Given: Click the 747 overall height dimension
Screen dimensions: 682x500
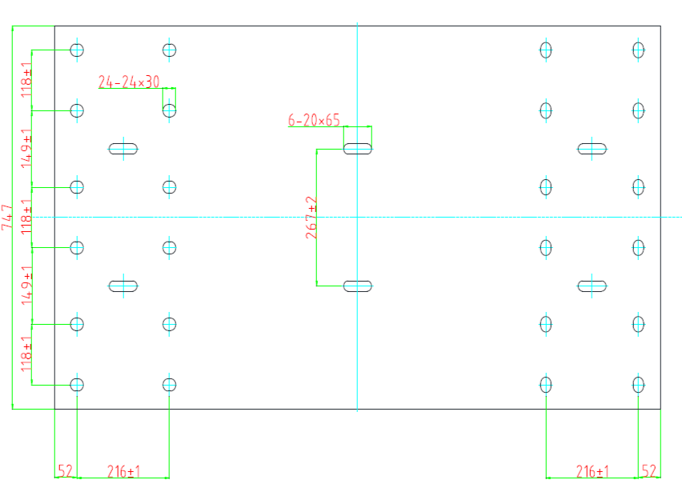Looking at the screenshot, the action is coord(7,217).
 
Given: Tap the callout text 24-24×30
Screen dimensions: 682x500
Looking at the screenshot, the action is coord(129,82).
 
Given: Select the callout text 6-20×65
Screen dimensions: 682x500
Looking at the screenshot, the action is coord(314,120).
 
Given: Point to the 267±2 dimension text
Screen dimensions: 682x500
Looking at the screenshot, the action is coord(311,218).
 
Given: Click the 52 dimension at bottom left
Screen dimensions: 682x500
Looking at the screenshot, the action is coord(66,471).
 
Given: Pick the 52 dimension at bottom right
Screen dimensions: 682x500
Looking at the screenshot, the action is coord(649,471).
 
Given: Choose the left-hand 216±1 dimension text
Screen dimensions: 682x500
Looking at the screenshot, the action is coord(124,471).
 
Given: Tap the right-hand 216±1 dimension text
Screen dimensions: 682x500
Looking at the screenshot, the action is coord(592,471).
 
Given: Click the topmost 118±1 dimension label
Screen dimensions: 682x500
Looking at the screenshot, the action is coord(26,79).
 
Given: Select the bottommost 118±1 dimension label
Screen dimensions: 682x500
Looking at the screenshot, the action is coord(26,354).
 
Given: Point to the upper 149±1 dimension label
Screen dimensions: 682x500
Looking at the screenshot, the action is coord(26,148).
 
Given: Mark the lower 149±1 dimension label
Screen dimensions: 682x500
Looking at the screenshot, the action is coord(26,286).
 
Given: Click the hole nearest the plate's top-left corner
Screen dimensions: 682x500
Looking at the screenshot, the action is coord(77,50).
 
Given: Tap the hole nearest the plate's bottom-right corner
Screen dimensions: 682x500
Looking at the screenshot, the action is coord(638,385).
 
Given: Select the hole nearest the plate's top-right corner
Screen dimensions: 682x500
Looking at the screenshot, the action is coord(638,50).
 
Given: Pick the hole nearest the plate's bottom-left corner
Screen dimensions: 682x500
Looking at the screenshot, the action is coord(77,385).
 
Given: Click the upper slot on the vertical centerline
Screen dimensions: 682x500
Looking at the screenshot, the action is coord(358,149).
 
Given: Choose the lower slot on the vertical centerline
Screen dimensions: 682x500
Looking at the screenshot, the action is coord(358,286).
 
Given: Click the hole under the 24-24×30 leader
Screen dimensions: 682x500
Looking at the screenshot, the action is coord(169,111).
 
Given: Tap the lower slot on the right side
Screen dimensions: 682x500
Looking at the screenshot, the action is coord(592,286).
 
